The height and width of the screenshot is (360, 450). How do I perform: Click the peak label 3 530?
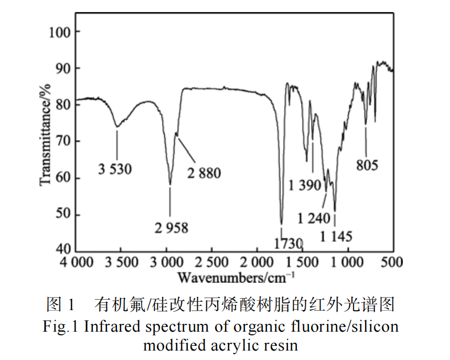point(115,169)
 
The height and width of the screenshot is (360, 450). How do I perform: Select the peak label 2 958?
point(171,227)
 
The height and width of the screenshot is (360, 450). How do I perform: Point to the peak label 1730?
point(288,243)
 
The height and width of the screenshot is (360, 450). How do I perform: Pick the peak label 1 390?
point(306,185)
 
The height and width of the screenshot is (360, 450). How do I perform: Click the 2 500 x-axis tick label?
point(212,261)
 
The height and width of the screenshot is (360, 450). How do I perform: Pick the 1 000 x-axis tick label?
point(348,261)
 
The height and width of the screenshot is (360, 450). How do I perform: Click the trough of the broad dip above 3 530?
point(117,126)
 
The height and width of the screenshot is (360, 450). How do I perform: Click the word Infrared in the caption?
point(112,326)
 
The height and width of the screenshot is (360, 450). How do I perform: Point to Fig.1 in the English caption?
point(61,326)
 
